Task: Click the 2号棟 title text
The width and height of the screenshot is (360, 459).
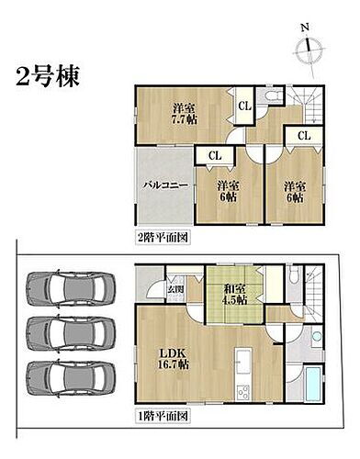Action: point(47,74)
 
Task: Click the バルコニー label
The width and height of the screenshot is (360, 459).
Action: point(165,185)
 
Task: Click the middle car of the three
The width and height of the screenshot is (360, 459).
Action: point(71,330)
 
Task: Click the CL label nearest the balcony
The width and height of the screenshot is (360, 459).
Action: point(213,156)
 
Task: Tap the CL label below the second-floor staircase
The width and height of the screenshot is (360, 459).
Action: point(303,137)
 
